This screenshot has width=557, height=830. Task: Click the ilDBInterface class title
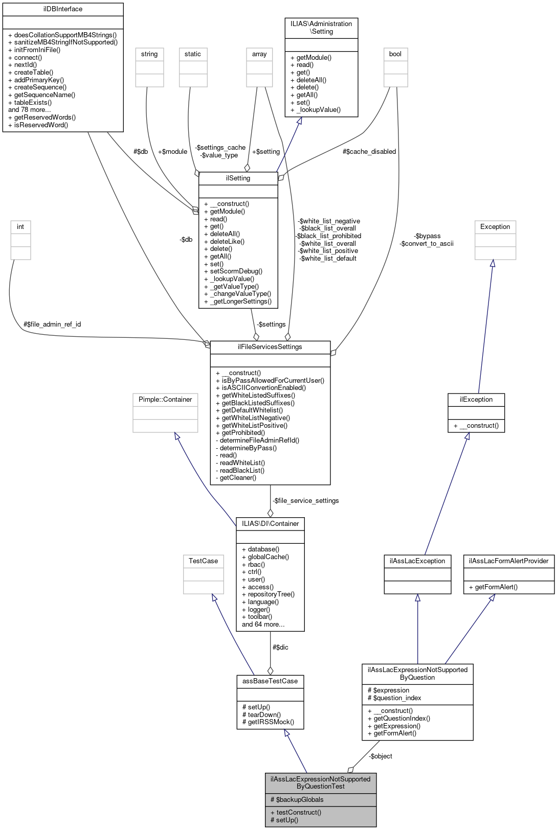click(63, 9)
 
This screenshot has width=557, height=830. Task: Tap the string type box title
click(149, 54)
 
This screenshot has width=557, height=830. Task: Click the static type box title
click(193, 54)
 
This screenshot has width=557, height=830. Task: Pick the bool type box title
click(395, 54)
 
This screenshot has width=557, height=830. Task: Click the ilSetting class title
click(238, 178)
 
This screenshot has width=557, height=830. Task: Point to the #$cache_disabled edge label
click(369, 152)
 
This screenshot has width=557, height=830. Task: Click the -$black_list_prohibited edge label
click(328, 236)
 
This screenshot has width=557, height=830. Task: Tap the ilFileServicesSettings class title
click(270, 347)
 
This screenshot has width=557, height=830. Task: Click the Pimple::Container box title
click(165, 400)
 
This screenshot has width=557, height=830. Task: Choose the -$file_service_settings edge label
click(305, 501)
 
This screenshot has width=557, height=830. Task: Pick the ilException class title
click(476, 400)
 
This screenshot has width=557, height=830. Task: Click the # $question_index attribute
click(394, 698)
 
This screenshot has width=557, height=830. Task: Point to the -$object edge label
click(381, 756)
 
